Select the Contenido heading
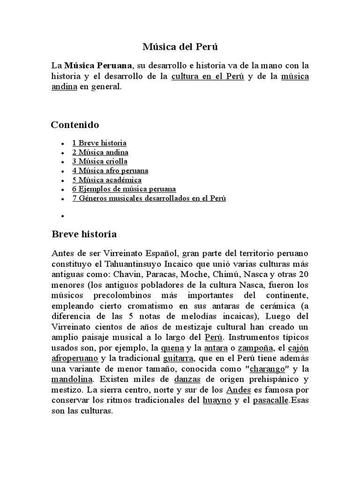coord(75,125)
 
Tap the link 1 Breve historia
coord(99,143)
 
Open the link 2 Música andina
coord(100,152)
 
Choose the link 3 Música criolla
coord(100,161)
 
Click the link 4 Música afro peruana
coord(110,171)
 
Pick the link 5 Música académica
coord(107,180)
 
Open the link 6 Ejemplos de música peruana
coord(124,189)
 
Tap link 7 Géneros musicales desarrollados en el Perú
coord(149,198)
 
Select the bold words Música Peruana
coord(99,65)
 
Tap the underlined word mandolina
coord(72,379)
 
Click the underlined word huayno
coord(217,400)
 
